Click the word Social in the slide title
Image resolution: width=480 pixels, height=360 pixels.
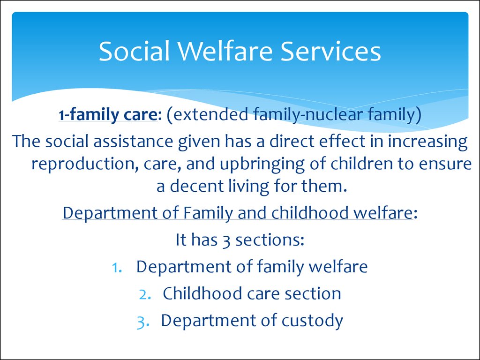(134, 51)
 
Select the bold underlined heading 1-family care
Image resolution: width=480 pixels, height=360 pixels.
(108, 115)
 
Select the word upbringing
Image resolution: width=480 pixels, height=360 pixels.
(262, 165)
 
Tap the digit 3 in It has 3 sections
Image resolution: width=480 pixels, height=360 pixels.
(226, 240)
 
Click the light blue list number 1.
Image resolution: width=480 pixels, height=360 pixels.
(117, 267)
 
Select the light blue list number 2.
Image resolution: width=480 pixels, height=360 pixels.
(145, 294)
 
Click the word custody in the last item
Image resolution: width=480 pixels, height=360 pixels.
(312, 321)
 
